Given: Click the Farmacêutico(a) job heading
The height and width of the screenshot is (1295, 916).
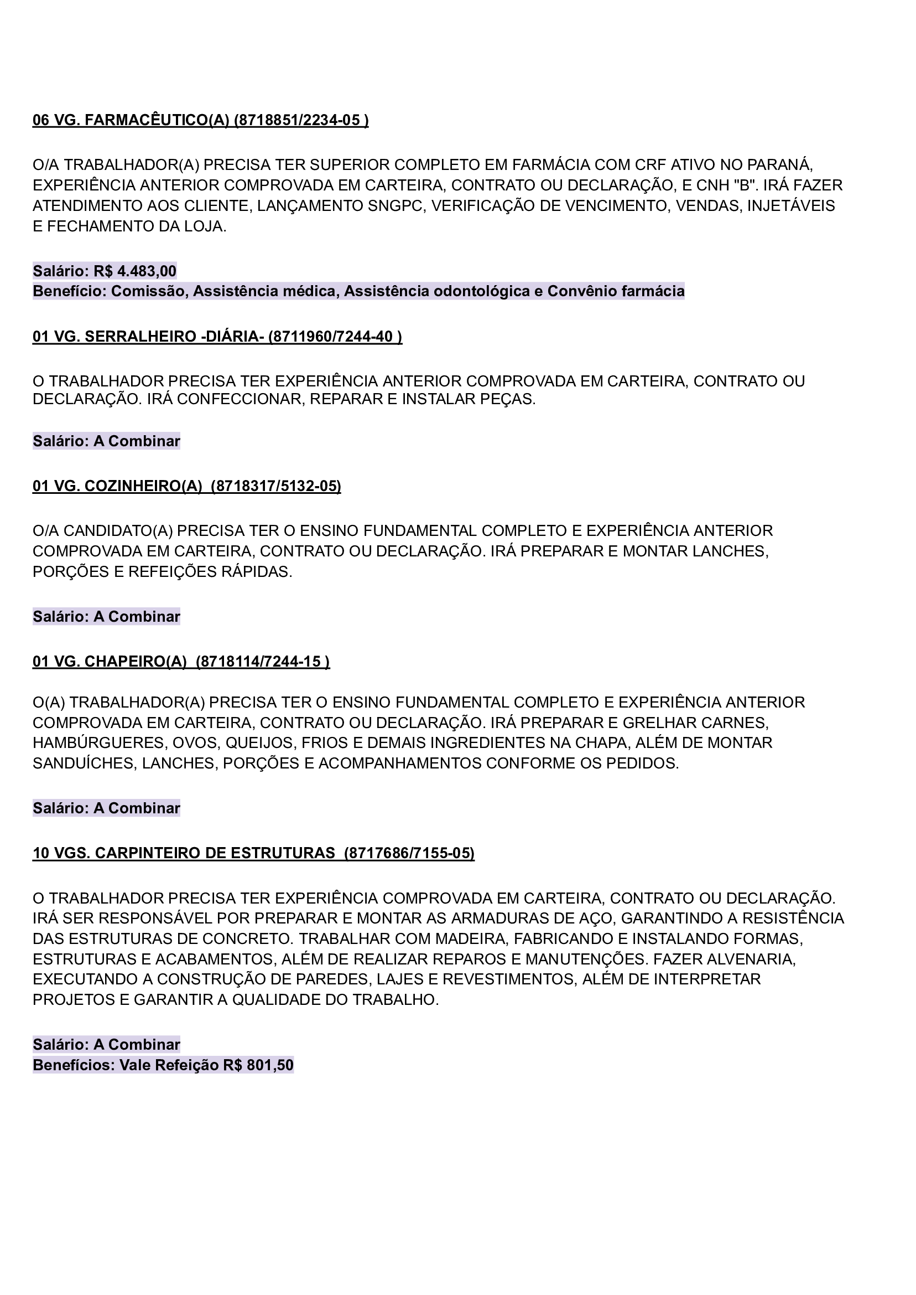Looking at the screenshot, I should (200, 120).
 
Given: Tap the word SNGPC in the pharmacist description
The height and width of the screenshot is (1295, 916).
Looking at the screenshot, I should (395, 206).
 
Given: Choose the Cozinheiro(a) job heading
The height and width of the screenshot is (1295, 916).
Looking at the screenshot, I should (186, 486).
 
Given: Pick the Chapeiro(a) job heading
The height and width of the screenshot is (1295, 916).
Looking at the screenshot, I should (180, 662).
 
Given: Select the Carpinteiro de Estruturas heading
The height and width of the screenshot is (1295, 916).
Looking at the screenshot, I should (253, 853).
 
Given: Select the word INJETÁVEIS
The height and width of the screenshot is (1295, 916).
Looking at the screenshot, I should (791, 206).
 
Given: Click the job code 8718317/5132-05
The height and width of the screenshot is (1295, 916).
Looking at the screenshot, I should (276, 486).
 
